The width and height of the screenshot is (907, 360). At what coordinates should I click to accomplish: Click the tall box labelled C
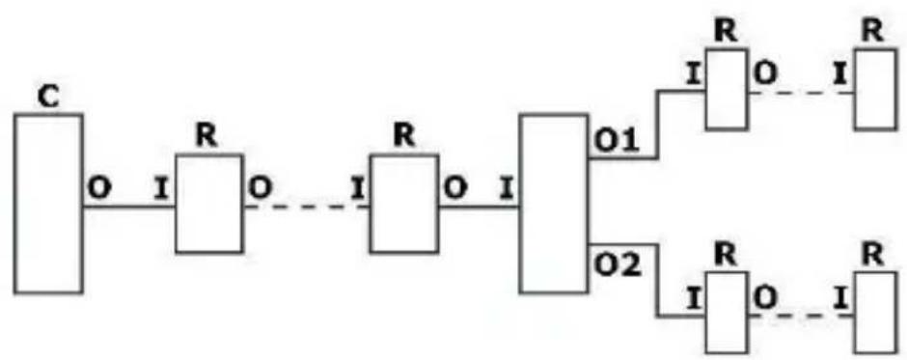[48, 203]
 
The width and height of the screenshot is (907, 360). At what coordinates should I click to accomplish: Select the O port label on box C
[97, 187]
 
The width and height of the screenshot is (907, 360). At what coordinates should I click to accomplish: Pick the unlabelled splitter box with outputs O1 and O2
[554, 203]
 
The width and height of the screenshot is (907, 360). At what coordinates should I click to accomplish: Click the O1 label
[610, 142]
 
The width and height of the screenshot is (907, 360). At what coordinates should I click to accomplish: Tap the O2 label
[611, 263]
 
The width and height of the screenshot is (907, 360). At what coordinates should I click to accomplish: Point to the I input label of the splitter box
[504, 187]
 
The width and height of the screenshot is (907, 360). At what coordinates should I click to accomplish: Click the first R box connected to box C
[208, 203]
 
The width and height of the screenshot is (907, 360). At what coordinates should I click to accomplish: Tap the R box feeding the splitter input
[403, 203]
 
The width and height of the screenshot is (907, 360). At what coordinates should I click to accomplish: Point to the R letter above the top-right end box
[874, 28]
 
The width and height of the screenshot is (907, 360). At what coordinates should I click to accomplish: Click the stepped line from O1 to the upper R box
[658, 125]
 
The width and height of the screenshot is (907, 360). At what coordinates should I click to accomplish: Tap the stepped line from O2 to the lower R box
[658, 280]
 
